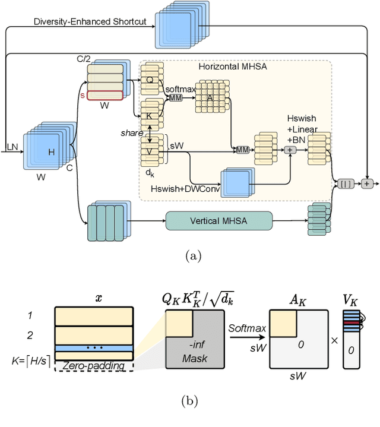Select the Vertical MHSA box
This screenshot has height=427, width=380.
click(x=218, y=221)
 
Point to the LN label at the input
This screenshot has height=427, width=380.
click(x=11, y=146)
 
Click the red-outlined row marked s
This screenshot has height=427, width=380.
click(x=105, y=95)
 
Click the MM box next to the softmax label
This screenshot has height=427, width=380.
click(x=175, y=97)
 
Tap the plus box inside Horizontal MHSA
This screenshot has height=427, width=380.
click(x=290, y=150)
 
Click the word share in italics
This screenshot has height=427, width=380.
click(x=132, y=132)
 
